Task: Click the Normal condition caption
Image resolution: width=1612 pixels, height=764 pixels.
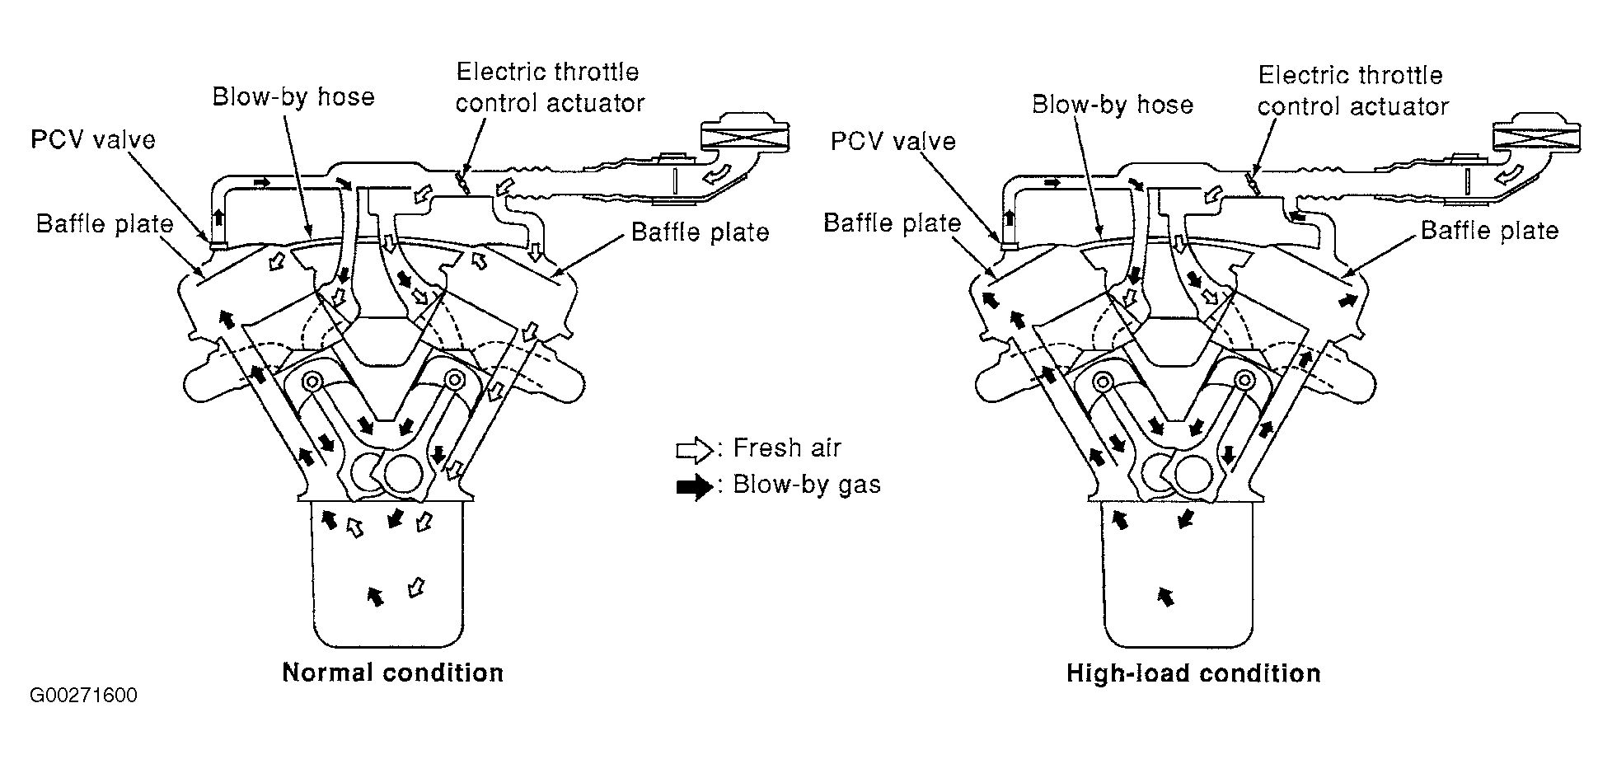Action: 392,673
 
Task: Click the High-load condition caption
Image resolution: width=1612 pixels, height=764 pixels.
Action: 1193,673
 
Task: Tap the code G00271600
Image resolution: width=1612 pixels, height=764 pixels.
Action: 83,696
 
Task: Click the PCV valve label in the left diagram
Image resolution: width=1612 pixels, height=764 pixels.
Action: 92,139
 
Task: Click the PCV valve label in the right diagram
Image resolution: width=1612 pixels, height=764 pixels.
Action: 893,141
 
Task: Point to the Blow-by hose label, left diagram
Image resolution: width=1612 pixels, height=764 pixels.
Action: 293,97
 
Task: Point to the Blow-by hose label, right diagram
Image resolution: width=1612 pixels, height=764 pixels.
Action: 1113,105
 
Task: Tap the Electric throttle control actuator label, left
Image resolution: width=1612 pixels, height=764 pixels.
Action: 550,87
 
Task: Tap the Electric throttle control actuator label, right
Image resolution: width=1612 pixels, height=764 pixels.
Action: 1352,91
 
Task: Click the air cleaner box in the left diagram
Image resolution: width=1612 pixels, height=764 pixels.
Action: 743,135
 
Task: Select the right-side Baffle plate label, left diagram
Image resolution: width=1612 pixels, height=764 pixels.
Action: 700,232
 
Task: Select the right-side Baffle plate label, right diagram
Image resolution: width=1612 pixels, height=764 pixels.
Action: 1489,230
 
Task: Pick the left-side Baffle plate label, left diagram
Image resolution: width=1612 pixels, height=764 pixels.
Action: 105,224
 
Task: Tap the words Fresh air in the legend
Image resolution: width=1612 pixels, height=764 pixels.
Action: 787,448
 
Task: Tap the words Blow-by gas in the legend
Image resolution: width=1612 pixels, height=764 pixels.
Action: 807,484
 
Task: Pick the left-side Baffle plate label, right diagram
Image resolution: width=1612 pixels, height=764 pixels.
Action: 893,223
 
